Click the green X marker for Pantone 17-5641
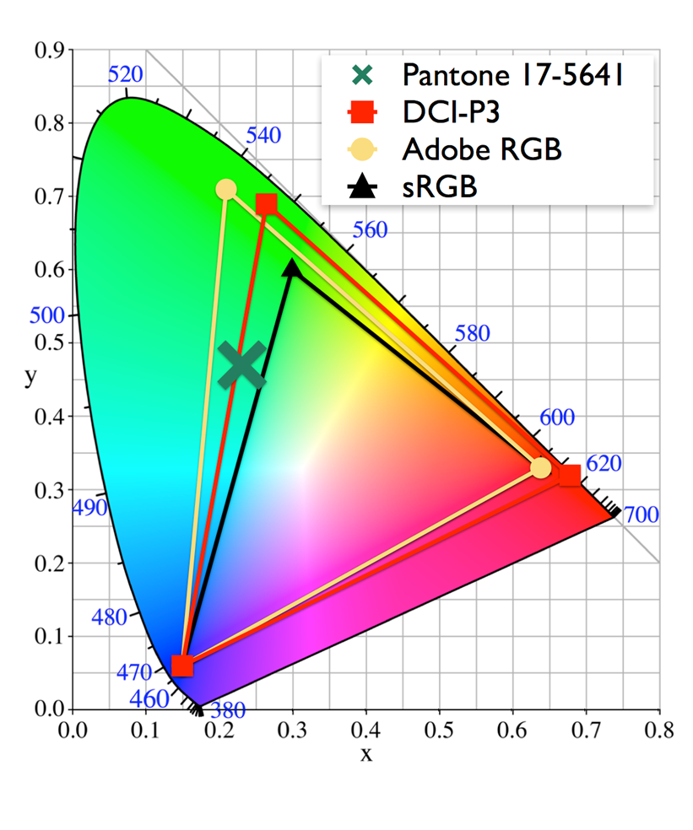241,365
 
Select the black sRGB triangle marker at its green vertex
292,269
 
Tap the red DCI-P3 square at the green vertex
267,204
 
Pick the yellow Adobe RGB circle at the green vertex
226,190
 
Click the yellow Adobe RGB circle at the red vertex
541,467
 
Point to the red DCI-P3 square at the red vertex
570,476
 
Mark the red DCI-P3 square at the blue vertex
182,666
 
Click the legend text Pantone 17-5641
512,75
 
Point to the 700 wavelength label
641,515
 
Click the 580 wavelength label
472,333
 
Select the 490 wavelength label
90,508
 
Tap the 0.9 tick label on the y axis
50,51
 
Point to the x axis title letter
366,754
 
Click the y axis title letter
30,377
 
